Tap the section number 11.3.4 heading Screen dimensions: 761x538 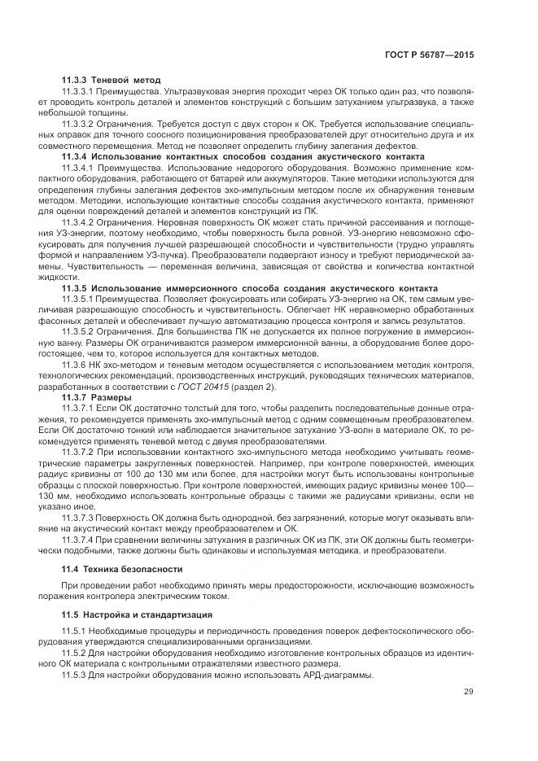pyautogui.click(x=75, y=156)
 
